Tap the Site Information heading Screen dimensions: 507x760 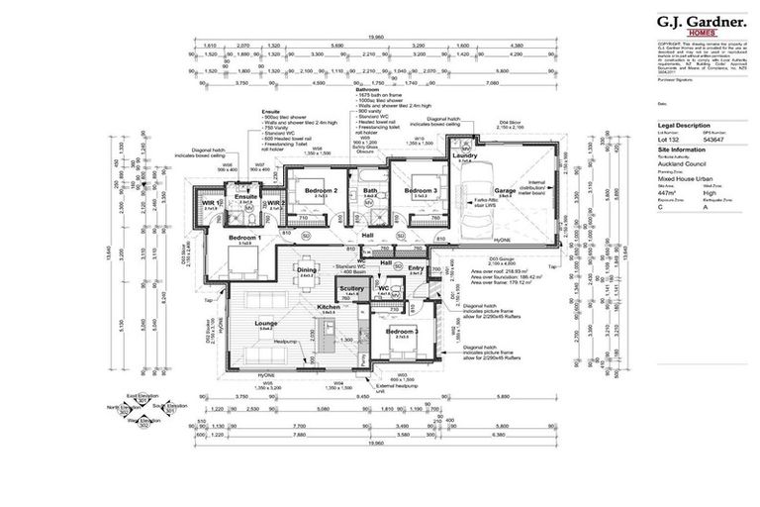[678, 152]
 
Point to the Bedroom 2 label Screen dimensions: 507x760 [322, 190]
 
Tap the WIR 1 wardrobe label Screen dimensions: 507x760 [211, 203]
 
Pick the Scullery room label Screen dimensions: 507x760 [351, 288]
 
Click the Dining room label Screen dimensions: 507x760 [307, 269]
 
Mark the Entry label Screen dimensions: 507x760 [416, 267]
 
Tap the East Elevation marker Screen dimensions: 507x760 [148, 393]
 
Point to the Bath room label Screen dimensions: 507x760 [370, 190]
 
